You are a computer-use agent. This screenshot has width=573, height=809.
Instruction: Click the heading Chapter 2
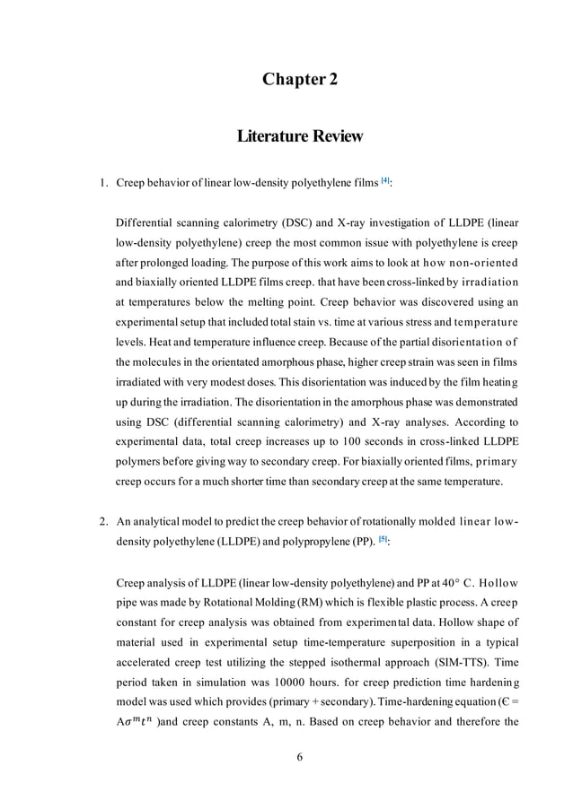[x=299, y=80]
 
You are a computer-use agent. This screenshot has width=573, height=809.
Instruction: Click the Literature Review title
[x=299, y=136]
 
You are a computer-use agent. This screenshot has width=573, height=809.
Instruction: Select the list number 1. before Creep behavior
[x=102, y=184]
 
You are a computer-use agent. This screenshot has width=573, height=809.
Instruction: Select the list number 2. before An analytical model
[x=102, y=522]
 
